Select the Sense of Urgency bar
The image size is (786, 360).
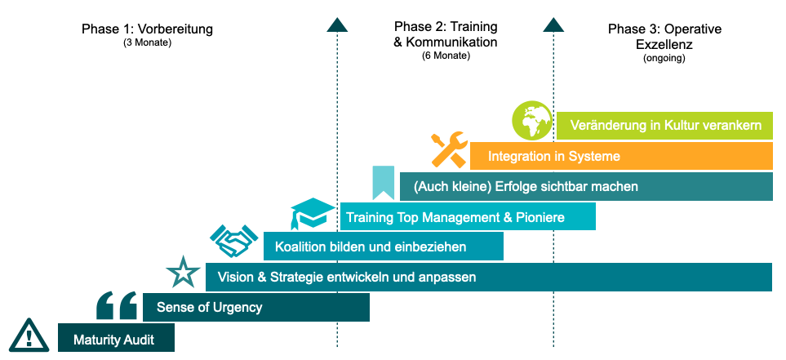coord(255,308)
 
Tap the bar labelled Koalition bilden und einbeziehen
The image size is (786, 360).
coord(383,247)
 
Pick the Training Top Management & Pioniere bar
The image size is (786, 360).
coord(468,217)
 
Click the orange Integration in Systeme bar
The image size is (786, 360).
coord(621,155)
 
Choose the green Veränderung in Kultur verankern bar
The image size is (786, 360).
coord(664,126)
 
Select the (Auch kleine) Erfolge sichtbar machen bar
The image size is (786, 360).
coord(586,186)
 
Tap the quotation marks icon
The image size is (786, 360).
coord(117,305)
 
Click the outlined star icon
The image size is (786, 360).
coord(182,273)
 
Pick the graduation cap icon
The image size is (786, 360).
coord(311,214)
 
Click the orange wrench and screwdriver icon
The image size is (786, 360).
coord(448,149)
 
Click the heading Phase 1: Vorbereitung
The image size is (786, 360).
coord(147,29)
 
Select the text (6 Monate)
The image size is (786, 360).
coord(446,56)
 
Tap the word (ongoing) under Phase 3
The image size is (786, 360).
coord(664,58)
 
